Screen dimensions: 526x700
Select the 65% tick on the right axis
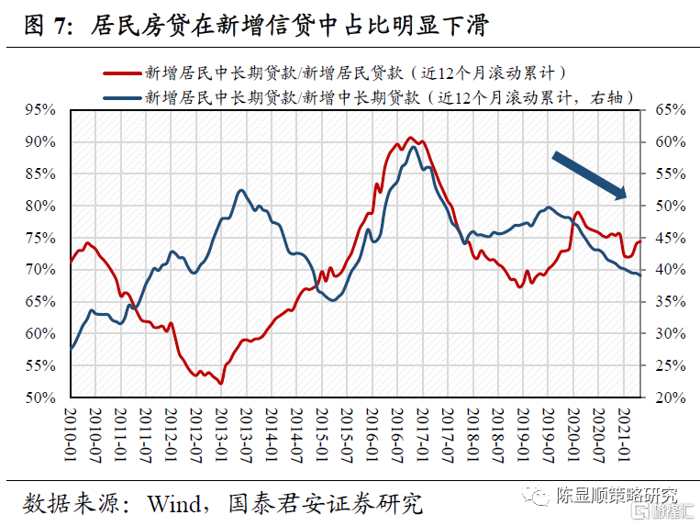point(662,109)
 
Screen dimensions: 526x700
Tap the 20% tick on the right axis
point(662,397)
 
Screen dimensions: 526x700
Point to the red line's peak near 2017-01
point(411,138)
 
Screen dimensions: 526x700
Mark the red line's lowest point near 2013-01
point(221,383)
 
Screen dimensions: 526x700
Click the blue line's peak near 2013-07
point(240,190)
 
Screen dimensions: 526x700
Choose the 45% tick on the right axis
point(662,238)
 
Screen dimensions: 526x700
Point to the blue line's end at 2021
point(640,275)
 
